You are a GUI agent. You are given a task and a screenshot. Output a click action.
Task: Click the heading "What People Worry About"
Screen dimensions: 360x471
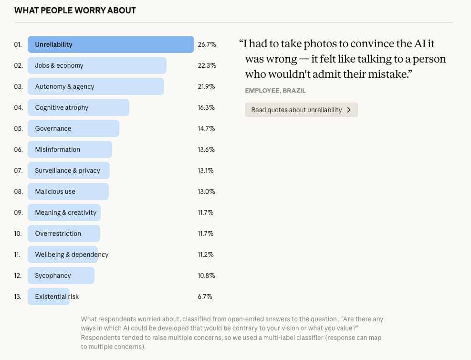pyautogui.click(x=75, y=11)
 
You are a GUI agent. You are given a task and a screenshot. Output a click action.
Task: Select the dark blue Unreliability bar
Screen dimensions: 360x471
pyautogui.click(x=111, y=44)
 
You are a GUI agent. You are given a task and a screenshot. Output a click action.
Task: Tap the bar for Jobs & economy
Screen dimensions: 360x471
pyautogui.click(x=97, y=65)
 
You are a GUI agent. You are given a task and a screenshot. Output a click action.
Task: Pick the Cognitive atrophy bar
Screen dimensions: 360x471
pyautogui.click(x=78, y=107)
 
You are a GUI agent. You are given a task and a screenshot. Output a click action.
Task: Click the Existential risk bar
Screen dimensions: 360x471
pyautogui.click(x=49, y=296)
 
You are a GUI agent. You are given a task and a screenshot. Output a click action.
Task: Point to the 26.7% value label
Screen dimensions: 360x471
pyautogui.click(x=207, y=44)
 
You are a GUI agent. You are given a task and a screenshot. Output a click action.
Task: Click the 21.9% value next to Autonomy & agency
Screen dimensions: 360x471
pyautogui.click(x=206, y=86)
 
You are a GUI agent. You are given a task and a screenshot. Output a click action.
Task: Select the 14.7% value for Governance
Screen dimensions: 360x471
pyautogui.click(x=206, y=128)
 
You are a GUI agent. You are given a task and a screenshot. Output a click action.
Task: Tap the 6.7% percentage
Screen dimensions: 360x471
pyautogui.click(x=205, y=296)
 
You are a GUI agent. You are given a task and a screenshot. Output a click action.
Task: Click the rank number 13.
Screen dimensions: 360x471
pyautogui.click(x=18, y=296)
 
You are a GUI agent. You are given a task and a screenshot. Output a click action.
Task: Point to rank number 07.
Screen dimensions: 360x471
pyautogui.click(x=18, y=170)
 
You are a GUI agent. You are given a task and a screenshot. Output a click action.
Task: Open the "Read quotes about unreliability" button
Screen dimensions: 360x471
pyautogui.click(x=301, y=110)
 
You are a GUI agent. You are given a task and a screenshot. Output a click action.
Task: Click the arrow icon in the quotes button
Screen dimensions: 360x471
pyautogui.click(x=349, y=110)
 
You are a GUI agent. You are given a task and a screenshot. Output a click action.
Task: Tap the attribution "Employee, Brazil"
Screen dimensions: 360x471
pyautogui.click(x=275, y=90)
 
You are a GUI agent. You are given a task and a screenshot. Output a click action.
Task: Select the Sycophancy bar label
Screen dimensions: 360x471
pyautogui.click(x=53, y=275)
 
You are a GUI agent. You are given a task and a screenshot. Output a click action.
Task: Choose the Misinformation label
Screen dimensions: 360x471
pyautogui.click(x=58, y=149)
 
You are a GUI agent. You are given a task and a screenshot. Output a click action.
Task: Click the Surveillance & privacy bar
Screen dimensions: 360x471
pyautogui.click(x=69, y=170)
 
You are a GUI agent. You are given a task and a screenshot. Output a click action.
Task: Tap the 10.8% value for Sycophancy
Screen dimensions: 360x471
pyautogui.click(x=206, y=275)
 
